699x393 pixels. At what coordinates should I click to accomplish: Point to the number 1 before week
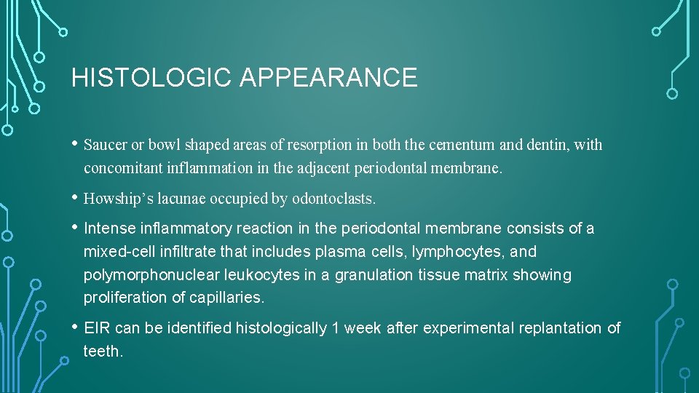click(335, 328)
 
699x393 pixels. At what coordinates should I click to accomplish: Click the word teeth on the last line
click(102, 352)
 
